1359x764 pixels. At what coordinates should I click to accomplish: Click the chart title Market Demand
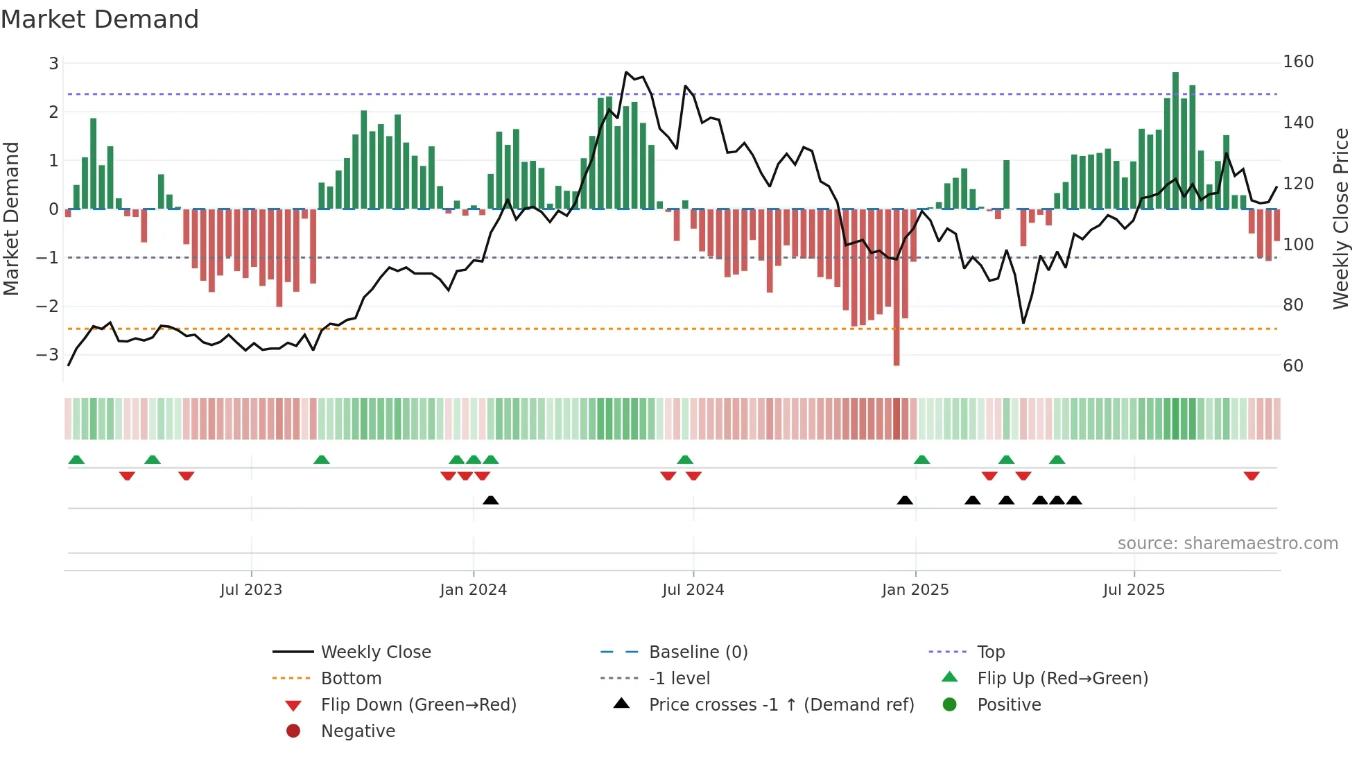pyautogui.click(x=100, y=19)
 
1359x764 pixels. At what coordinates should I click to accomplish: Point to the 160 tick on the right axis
pyautogui.click(x=1298, y=62)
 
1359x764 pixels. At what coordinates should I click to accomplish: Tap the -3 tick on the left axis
pyautogui.click(x=48, y=354)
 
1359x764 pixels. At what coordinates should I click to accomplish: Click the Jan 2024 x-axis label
pyautogui.click(x=473, y=590)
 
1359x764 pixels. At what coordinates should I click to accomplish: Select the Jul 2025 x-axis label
pyautogui.click(x=1134, y=590)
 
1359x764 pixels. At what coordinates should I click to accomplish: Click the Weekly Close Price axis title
pyautogui.click(x=1341, y=218)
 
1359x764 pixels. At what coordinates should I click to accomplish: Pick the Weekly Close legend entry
pyautogui.click(x=375, y=652)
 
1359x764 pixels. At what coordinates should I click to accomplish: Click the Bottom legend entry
pyautogui.click(x=351, y=678)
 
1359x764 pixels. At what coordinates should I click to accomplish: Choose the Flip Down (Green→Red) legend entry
pyautogui.click(x=418, y=704)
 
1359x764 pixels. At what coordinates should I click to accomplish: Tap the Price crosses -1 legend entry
pyautogui.click(x=781, y=704)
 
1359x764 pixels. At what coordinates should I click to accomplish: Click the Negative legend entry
pyautogui.click(x=358, y=731)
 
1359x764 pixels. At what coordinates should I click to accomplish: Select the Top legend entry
pyautogui.click(x=991, y=652)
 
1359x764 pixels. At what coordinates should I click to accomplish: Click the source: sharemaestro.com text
pyautogui.click(x=1227, y=544)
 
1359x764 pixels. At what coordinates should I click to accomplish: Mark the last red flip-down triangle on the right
pyautogui.click(x=1252, y=476)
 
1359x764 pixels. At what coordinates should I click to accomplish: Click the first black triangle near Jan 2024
pyautogui.click(x=490, y=500)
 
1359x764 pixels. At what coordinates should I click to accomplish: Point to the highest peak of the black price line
pyautogui.click(x=626, y=72)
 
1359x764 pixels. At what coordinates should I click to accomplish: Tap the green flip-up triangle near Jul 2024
pyautogui.click(x=685, y=460)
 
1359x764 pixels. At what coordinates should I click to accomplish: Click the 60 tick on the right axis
pyautogui.click(x=1292, y=365)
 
